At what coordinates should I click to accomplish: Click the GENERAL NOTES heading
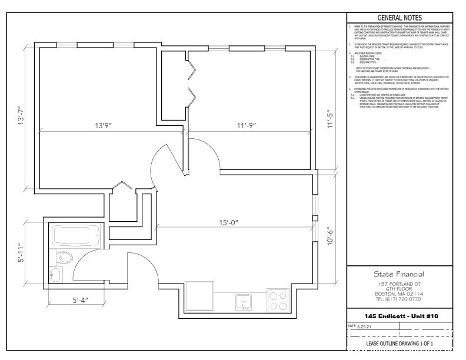pos(399,18)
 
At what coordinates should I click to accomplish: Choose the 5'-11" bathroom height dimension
pos(22,254)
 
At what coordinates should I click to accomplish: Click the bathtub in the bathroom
pos(76,236)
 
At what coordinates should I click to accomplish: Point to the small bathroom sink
pos(55,275)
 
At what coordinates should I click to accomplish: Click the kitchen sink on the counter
pos(244,302)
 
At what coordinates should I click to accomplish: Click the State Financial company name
pos(399,274)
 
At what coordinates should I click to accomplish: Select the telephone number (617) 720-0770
pos(399,298)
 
